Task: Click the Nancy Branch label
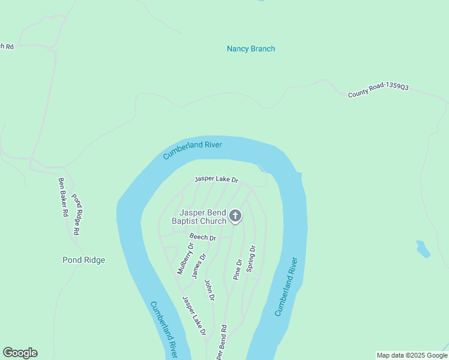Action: pos(251,49)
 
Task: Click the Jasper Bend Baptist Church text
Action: pos(203,217)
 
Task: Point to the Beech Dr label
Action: pos(202,237)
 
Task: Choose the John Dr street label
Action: pos(209,289)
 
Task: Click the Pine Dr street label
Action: pos(237,269)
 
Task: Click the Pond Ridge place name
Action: pos(84,260)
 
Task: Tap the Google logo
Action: pos(20,353)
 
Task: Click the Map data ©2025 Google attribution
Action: pos(412,355)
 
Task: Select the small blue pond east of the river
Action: pos(423,248)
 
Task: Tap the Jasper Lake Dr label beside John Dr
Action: pos(194,316)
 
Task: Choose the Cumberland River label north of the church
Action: pos(193,150)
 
